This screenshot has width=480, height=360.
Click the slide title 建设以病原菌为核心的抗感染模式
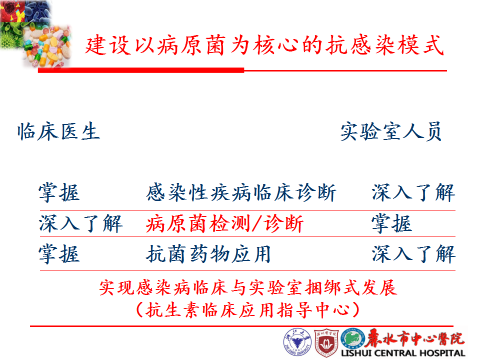click(x=264, y=45)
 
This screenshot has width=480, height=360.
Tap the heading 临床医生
click(x=58, y=131)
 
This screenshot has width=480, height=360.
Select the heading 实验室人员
click(x=391, y=131)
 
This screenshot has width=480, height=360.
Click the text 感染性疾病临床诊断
click(x=241, y=193)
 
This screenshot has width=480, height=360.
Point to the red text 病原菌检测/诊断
click(x=224, y=224)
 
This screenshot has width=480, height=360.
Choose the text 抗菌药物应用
click(x=208, y=254)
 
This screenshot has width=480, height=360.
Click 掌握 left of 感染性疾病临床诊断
click(x=59, y=193)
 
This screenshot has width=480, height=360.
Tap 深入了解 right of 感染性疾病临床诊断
click(x=413, y=193)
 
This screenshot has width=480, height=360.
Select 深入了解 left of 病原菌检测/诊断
click(x=81, y=223)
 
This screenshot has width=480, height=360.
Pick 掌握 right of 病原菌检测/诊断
click(x=392, y=223)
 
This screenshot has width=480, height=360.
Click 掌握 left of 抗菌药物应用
click(x=59, y=254)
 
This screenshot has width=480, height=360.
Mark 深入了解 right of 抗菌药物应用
click(x=413, y=254)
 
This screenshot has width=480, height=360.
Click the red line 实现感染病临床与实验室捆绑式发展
click(x=248, y=288)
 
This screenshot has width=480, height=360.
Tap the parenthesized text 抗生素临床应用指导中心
click(x=248, y=310)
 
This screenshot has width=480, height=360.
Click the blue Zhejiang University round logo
click(x=297, y=342)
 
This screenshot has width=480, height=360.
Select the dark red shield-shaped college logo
click(x=326, y=343)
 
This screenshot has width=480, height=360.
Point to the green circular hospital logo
click(x=353, y=338)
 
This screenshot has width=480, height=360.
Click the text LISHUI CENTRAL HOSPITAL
click(x=403, y=353)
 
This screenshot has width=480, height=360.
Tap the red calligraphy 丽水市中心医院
click(x=415, y=338)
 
